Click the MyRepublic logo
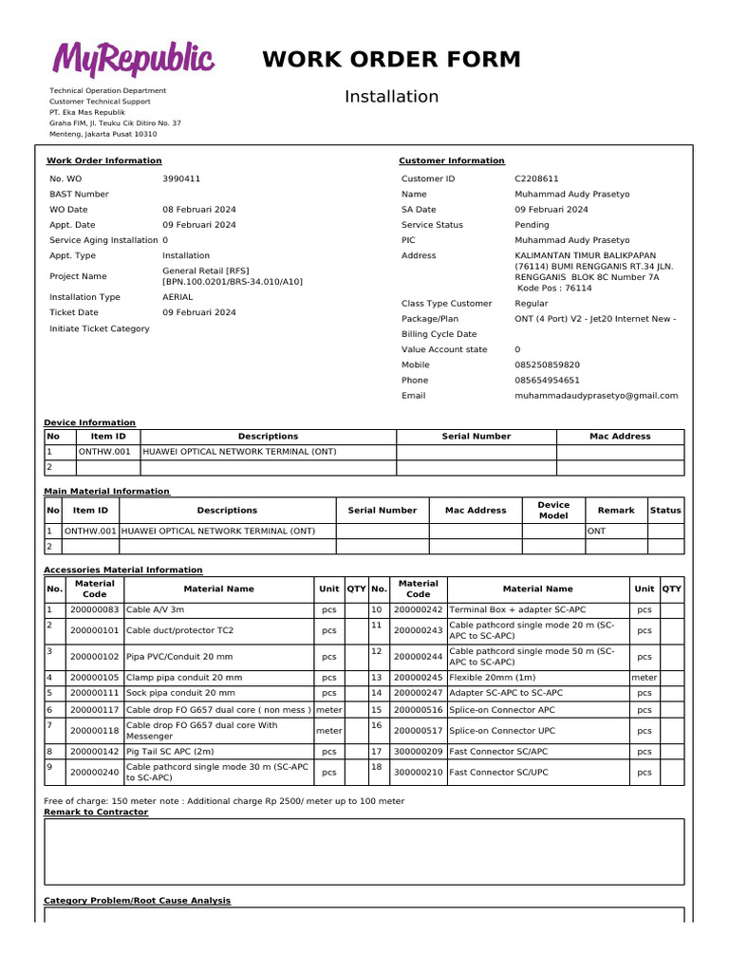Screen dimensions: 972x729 coord(133,60)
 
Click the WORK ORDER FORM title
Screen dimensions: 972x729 coord(391,60)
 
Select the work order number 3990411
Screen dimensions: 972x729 coord(181,178)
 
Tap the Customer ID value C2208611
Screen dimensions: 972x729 coord(536,178)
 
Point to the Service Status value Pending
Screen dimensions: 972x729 coord(532,225)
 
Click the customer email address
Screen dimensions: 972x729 coord(596,396)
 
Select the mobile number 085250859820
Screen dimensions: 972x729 coord(547,364)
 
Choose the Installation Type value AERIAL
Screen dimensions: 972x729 coord(178,297)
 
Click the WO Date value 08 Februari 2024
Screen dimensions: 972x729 coord(199,210)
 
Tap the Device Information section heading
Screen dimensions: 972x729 coord(90,422)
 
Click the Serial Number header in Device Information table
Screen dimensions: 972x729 coord(476,437)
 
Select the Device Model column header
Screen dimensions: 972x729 coord(553,510)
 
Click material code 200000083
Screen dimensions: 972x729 coord(95,609)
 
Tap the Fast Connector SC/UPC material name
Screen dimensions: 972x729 coord(498,773)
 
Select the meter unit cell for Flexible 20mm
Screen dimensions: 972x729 coord(645,678)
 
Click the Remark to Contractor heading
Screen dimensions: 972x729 coord(96,813)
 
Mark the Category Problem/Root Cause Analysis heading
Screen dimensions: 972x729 coord(138,900)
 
